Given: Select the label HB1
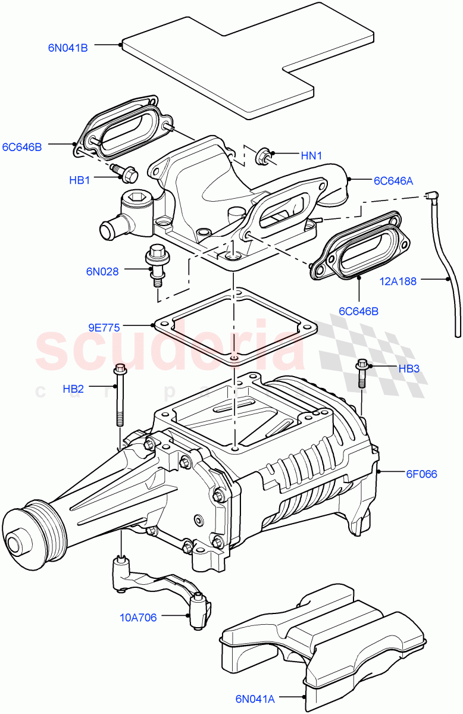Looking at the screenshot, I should point(79,180).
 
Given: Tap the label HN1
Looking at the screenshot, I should point(311,156).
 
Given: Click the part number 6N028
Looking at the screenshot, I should point(102,271).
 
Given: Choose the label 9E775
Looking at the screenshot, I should point(104,327).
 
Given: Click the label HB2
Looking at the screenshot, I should point(73,389).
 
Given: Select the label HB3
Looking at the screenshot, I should point(409,369).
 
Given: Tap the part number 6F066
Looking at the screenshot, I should point(421,474).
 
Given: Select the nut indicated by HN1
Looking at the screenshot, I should point(261,157).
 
